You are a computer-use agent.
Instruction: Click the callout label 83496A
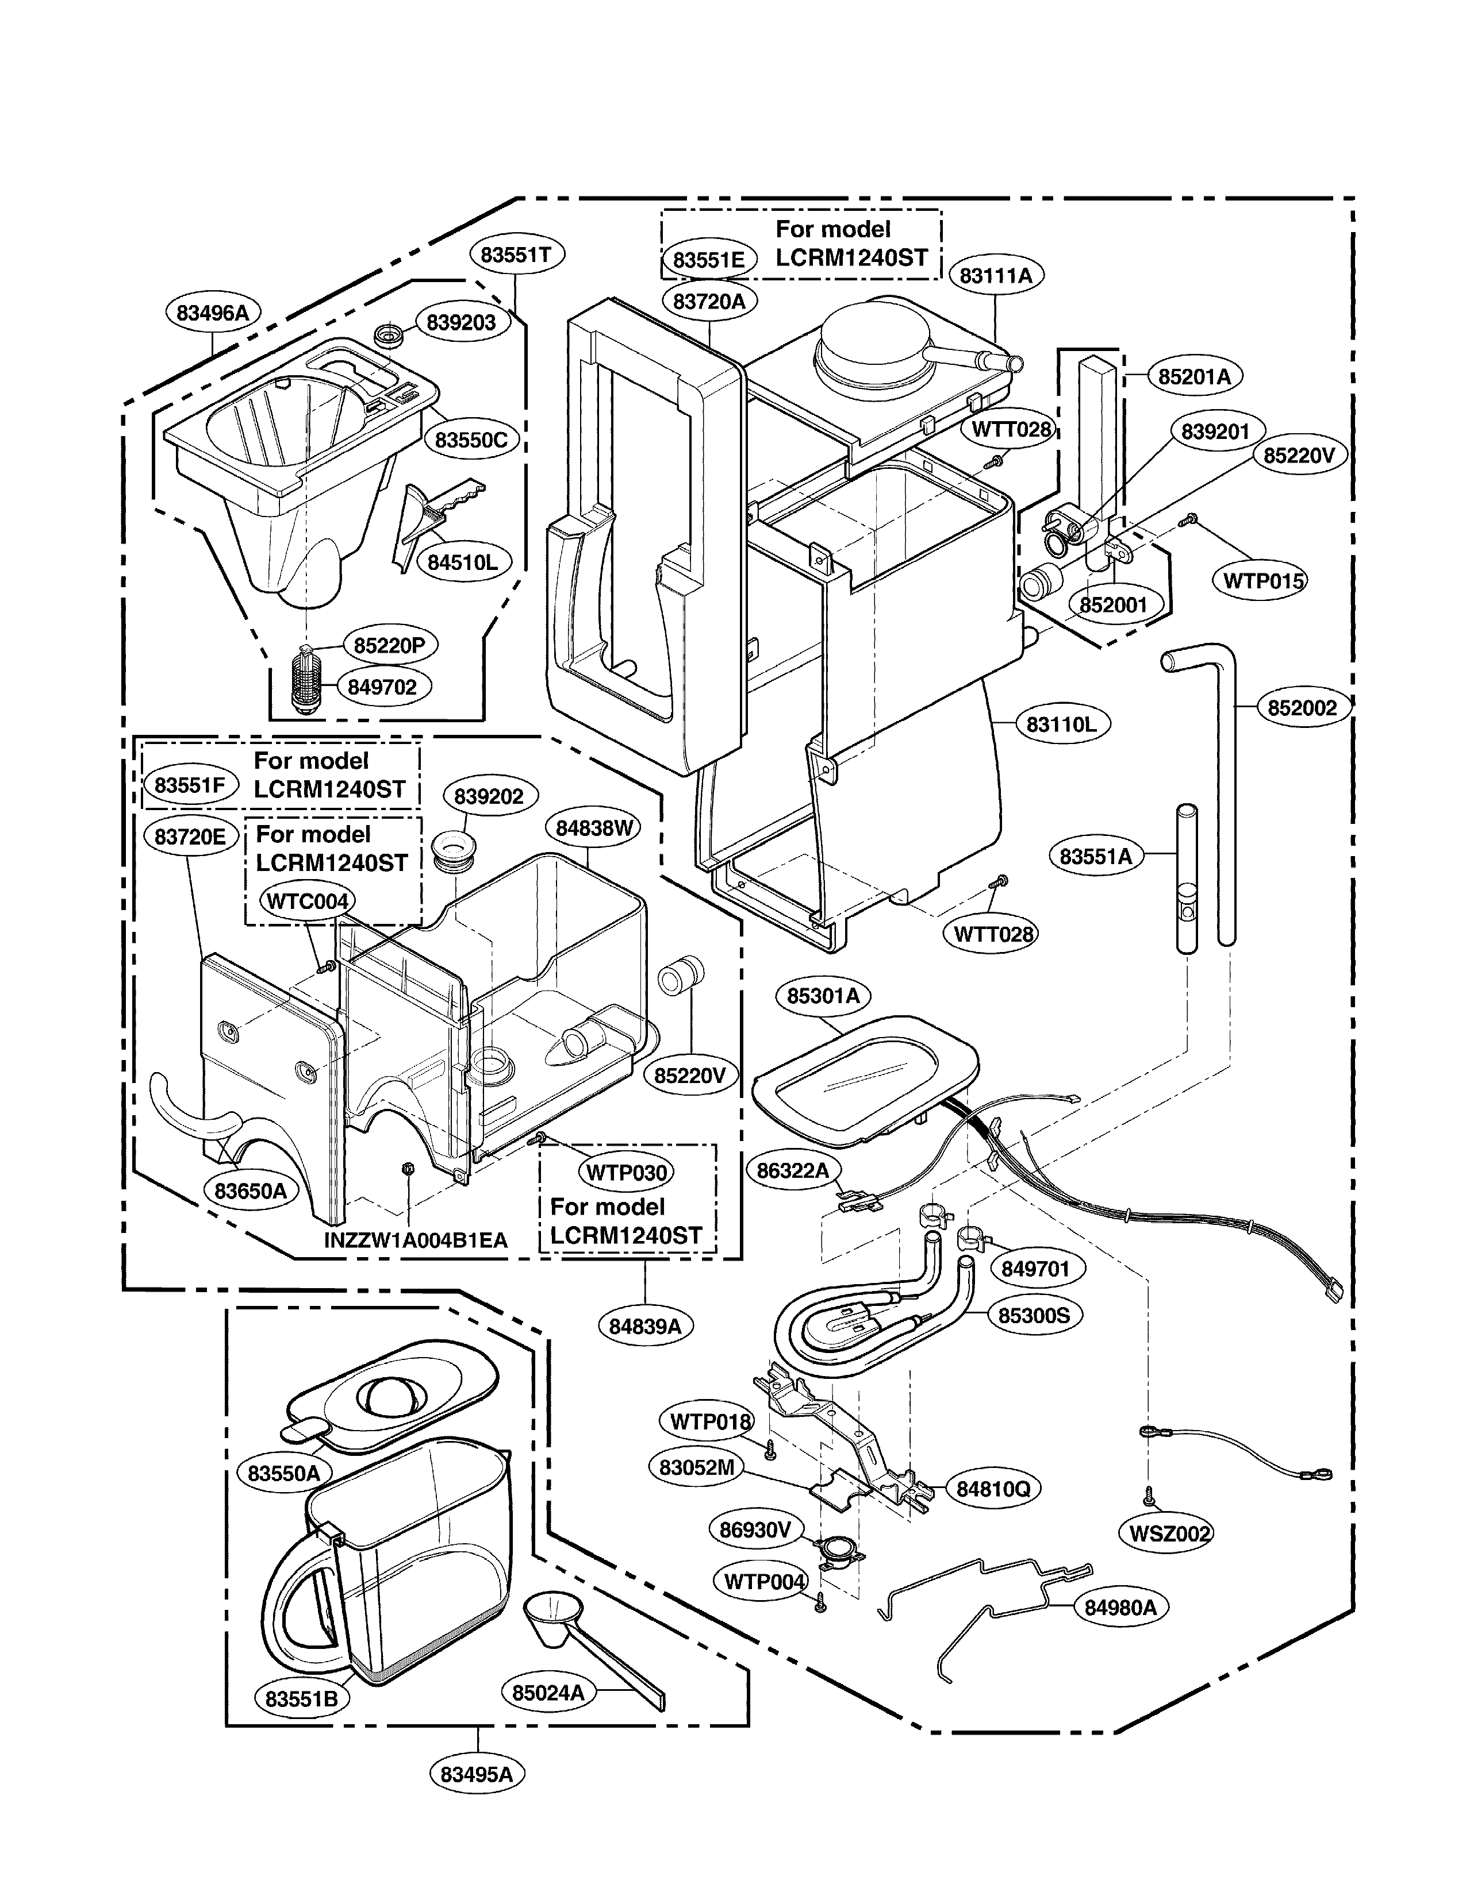[213, 313]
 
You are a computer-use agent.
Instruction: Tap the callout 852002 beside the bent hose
[1302, 707]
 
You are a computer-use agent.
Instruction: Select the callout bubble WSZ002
[1169, 1534]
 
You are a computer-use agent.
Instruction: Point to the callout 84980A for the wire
[1120, 1607]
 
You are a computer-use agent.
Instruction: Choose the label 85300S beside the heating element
[1034, 1315]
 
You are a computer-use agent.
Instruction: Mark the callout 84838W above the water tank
[595, 827]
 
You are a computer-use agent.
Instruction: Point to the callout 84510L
[462, 562]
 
